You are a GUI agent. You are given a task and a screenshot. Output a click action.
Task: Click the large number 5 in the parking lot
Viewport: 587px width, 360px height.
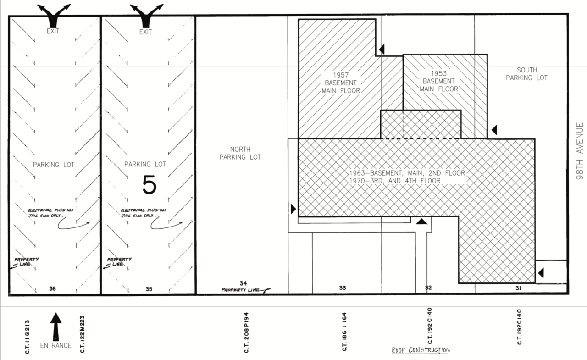[150, 185]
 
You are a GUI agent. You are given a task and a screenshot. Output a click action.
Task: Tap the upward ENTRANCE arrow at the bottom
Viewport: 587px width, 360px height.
[56, 327]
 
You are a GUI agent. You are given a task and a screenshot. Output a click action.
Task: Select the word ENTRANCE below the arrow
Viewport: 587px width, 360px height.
[56, 346]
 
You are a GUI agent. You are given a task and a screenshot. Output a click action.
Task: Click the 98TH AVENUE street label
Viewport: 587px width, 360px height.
[580, 151]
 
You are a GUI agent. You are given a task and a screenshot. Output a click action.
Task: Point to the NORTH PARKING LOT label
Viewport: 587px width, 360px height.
[240, 153]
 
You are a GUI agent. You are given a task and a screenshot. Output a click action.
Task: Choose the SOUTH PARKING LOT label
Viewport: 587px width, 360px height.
[527, 74]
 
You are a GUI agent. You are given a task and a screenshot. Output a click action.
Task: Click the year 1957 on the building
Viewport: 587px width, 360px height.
[341, 75]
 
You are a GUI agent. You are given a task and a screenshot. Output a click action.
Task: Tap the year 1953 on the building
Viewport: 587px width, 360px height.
[439, 73]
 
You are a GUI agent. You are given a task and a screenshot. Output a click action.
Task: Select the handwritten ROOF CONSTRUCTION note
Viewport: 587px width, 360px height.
[421, 350]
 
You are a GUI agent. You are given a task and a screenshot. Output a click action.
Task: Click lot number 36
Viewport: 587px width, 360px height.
[52, 288]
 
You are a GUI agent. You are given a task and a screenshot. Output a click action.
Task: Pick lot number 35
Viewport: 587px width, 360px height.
[149, 289]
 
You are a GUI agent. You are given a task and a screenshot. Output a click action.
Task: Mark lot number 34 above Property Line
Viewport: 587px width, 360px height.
[243, 283]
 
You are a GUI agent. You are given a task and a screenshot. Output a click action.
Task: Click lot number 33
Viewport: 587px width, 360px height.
[343, 288]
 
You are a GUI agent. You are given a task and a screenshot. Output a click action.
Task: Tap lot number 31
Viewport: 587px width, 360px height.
[518, 288]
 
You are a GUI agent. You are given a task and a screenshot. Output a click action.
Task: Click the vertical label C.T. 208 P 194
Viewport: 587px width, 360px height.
[246, 332]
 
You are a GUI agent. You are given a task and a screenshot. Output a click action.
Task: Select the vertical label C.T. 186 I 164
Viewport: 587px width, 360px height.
[344, 332]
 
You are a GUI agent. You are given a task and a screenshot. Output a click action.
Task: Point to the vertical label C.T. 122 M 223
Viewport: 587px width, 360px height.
[82, 334]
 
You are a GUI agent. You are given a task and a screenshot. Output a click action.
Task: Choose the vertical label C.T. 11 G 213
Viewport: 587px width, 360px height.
[27, 337]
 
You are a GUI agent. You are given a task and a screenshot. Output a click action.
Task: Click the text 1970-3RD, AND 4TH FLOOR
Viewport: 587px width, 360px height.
[395, 181]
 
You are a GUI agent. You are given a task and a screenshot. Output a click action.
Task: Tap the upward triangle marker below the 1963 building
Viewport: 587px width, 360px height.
[421, 222]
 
